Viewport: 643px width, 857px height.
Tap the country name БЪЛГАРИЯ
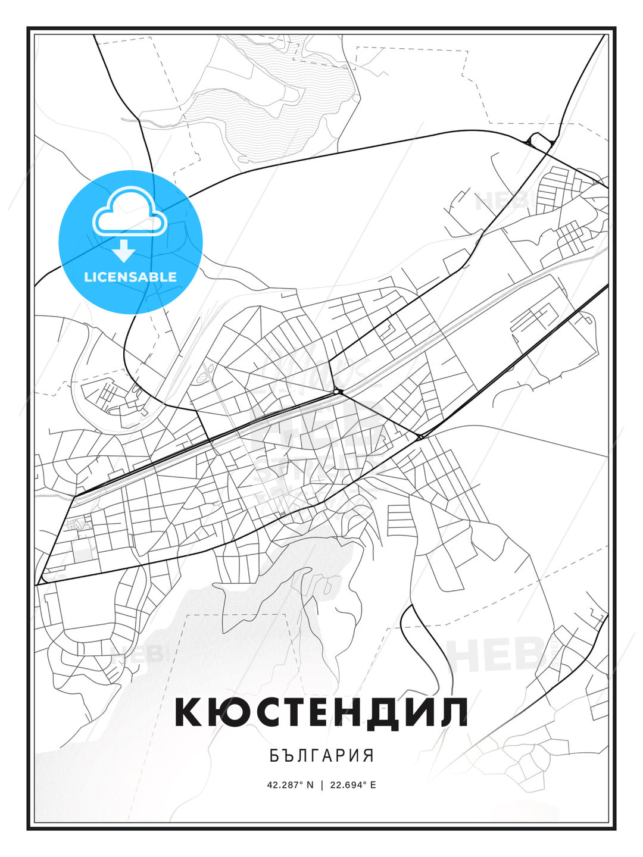(x=321, y=756)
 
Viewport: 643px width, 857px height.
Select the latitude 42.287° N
(x=290, y=784)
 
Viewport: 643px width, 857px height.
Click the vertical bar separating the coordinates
(x=321, y=784)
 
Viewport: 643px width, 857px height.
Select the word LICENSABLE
(x=130, y=277)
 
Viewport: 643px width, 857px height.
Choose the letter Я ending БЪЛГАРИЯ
(x=369, y=756)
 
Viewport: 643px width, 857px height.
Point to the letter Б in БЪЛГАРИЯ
(x=274, y=756)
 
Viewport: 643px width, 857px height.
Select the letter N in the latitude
(x=310, y=784)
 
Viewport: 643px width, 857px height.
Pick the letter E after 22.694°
(x=373, y=784)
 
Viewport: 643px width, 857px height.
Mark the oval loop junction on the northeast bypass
(x=539, y=140)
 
